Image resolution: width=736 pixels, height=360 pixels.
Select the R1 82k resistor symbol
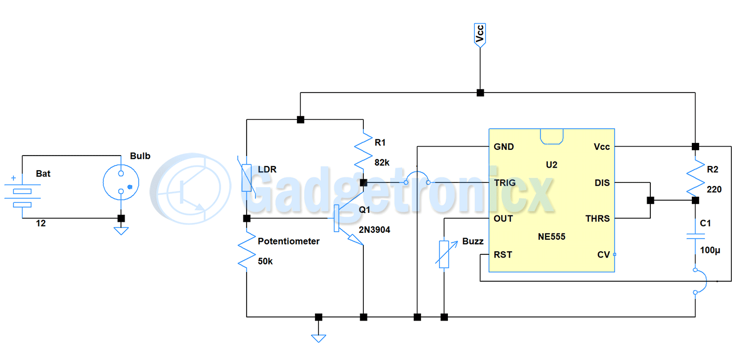click(x=363, y=151)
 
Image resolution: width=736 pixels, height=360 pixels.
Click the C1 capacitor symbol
click(x=695, y=237)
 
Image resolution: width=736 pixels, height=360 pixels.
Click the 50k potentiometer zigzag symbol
click(x=246, y=251)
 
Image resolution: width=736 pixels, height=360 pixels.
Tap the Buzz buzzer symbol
click(x=444, y=254)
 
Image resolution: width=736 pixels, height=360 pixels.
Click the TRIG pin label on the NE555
click(x=504, y=183)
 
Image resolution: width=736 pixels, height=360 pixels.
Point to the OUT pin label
click(x=503, y=219)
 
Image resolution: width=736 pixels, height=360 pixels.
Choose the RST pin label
click(x=503, y=255)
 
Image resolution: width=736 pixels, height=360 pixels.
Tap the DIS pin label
click(x=602, y=183)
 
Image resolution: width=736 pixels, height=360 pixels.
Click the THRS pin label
click(x=598, y=219)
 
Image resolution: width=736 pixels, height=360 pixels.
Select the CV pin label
click(x=604, y=255)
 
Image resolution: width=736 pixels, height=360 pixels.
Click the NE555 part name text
click(x=551, y=236)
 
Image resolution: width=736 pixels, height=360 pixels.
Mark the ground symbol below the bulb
click(x=121, y=230)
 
